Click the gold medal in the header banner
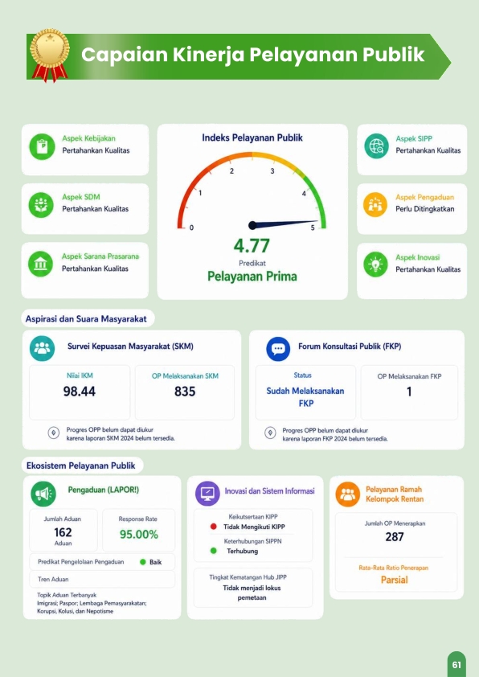coord(50,55)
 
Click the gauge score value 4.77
coord(252,246)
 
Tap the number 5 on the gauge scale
coord(313,228)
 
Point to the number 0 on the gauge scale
coord(191,228)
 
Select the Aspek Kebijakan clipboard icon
coord(42,146)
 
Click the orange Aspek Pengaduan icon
coord(375,205)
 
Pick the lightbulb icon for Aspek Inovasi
coord(375,264)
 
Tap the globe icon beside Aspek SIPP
coord(376,146)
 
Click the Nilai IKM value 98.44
coord(80,392)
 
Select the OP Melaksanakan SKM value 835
coord(185,392)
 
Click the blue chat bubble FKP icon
coord(278,349)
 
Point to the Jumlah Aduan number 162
coord(63,532)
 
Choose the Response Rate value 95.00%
coord(139,535)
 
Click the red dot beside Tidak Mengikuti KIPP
coord(213,527)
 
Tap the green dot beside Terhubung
coord(213,551)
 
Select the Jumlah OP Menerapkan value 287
coord(395,536)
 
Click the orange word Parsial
coord(395,580)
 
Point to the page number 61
coord(457,665)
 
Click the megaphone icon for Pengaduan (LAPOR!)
coord(43,494)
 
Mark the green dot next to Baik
coord(143,562)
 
